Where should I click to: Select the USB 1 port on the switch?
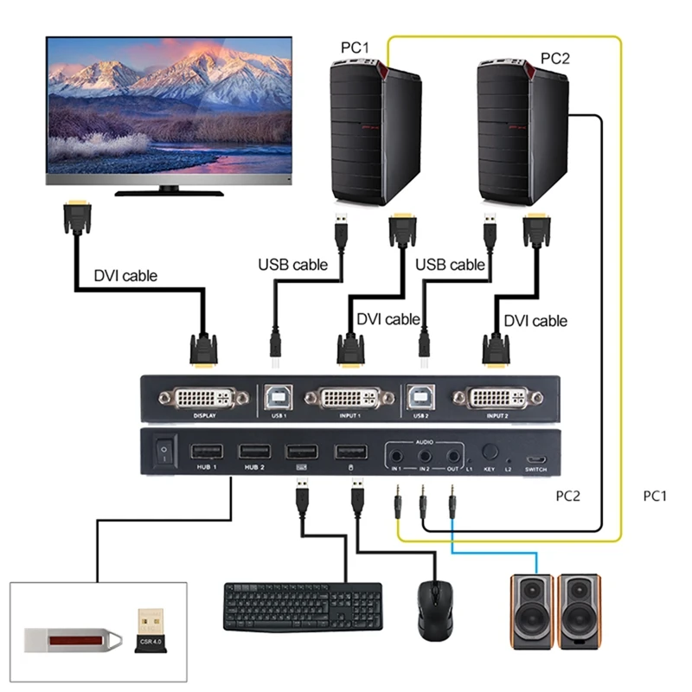[278, 397]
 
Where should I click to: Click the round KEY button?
[489, 451]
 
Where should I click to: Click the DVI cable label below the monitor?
[125, 277]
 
